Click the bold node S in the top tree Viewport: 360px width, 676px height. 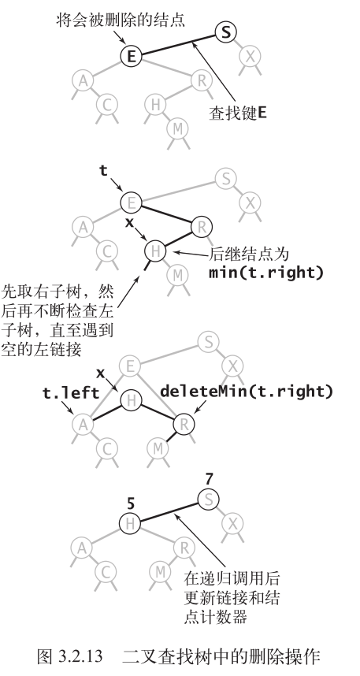tap(225, 32)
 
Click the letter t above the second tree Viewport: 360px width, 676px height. tap(102, 169)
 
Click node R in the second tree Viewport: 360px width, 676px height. tap(202, 228)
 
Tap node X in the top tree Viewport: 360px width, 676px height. tap(251, 55)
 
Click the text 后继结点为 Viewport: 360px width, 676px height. tap(241, 254)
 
